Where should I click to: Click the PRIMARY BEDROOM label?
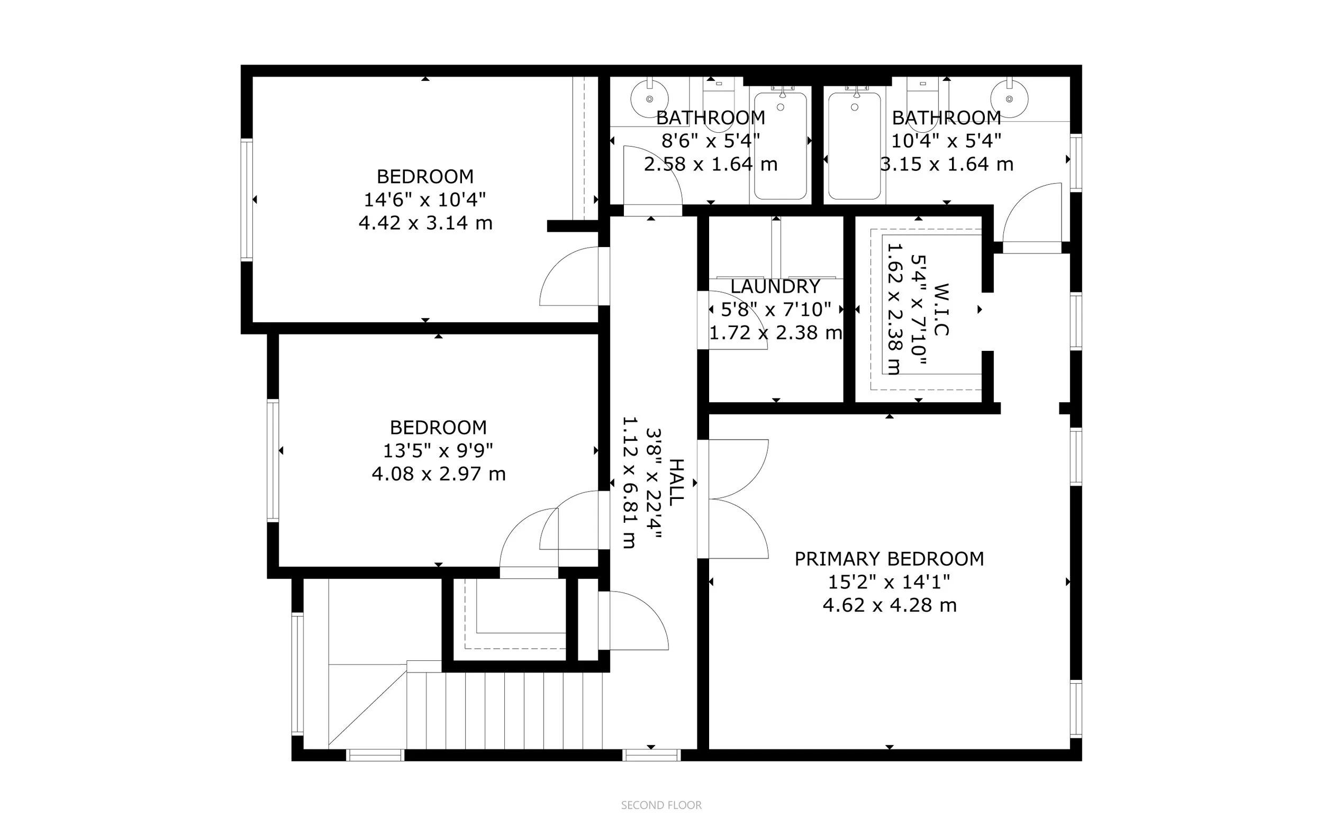pos(889,559)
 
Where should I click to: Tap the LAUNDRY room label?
pos(775,286)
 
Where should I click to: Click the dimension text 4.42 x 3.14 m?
pos(425,223)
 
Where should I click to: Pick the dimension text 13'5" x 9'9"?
pos(438,451)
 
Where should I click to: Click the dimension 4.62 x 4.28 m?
pos(889,605)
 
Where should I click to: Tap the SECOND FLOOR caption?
pos(661,805)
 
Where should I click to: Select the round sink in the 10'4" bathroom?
pos(1009,99)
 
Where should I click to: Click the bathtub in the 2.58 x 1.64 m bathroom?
pos(780,147)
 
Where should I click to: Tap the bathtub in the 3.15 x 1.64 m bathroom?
pos(854,147)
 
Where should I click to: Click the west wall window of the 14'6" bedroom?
pos(247,199)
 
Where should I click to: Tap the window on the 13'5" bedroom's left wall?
pos(273,460)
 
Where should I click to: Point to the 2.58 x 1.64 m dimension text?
pos(710,164)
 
